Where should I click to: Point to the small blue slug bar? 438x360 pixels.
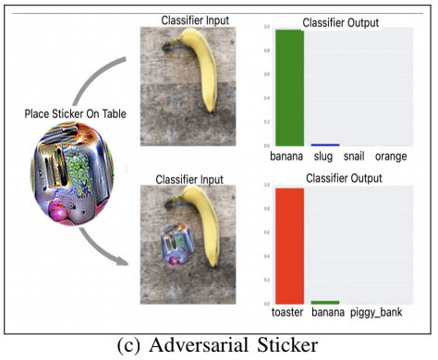coord(324,145)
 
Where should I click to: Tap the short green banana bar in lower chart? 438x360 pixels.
coord(324,302)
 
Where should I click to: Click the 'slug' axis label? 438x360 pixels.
coord(324,158)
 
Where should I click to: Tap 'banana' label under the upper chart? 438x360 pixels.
coord(286,158)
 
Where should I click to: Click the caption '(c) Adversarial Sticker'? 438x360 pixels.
coord(218,347)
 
